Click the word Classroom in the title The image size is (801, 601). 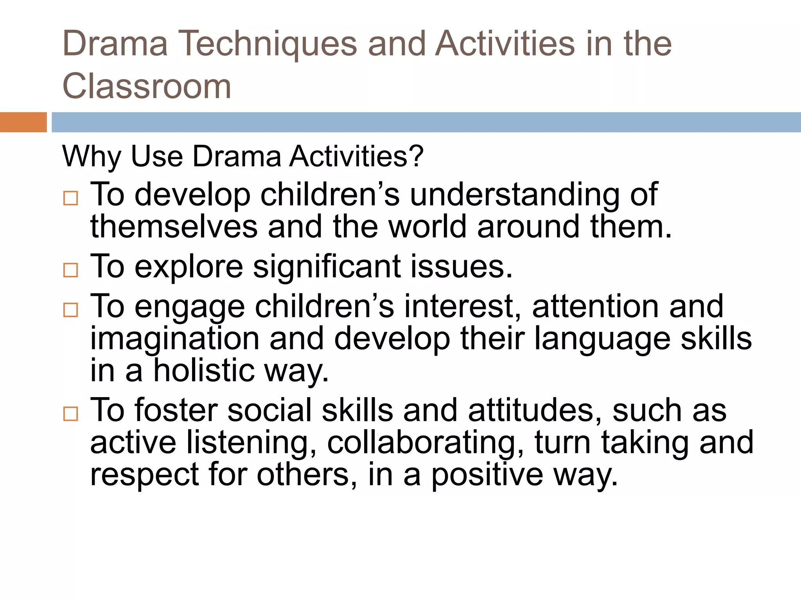(x=147, y=86)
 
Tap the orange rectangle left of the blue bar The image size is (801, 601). (x=23, y=122)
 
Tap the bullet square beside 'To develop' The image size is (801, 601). (x=71, y=198)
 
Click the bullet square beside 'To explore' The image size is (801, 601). (x=71, y=270)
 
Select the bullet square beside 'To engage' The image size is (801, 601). (x=71, y=310)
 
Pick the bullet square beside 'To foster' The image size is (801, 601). (x=71, y=414)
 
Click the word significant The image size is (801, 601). (x=327, y=267)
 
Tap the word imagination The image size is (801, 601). (x=175, y=339)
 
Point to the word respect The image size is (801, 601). (x=144, y=475)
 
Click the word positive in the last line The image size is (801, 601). (x=487, y=475)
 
